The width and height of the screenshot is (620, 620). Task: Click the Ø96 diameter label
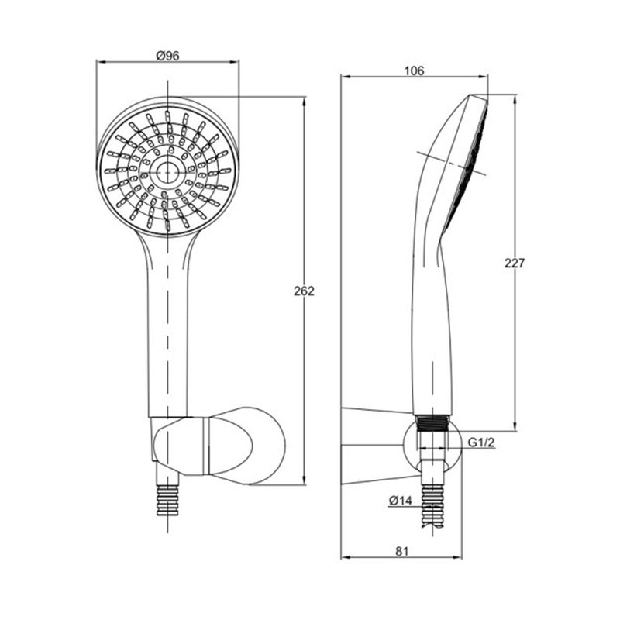pyautogui.click(x=167, y=56)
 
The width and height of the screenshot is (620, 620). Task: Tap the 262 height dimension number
pyautogui.click(x=304, y=291)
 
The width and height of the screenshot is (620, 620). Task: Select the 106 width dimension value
pyautogui.click(x=414, y=71)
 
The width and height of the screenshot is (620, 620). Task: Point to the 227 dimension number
pyautogui.click(x=515, y=263)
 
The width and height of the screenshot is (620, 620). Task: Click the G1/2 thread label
pyautogui.click(x=481, y=443)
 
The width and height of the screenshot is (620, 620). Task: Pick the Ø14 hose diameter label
pyautogui.click(x=400, y=501)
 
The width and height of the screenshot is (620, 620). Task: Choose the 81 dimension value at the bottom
pyautogui.click(x=401, y=551)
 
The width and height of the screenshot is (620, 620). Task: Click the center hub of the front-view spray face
pyautogui.click(x=168, y=172)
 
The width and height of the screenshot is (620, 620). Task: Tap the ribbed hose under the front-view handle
pyautogui.click(x=168, y=501)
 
